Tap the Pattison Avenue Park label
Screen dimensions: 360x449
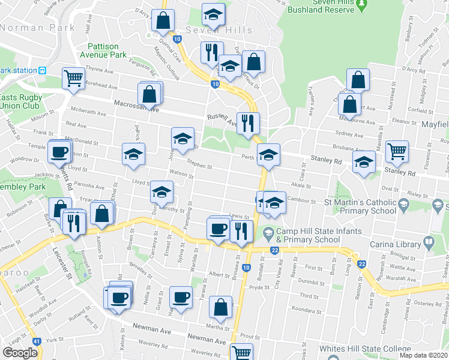pos(107,50)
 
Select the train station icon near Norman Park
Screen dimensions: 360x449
pos(43,70)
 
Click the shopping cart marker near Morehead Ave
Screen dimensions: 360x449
pos(73,79)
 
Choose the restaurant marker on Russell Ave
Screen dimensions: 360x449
pos(247,124)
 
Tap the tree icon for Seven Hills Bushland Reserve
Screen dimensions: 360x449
pos(361,5)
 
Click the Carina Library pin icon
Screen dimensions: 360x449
pos(429,243)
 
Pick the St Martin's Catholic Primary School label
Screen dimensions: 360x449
pos(360,207)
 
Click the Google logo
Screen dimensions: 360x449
pos(20,353)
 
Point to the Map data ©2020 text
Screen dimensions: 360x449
pos(423,355)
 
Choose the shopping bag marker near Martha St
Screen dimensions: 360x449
pos(220,307)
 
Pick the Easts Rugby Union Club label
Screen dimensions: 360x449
pos(22,102)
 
